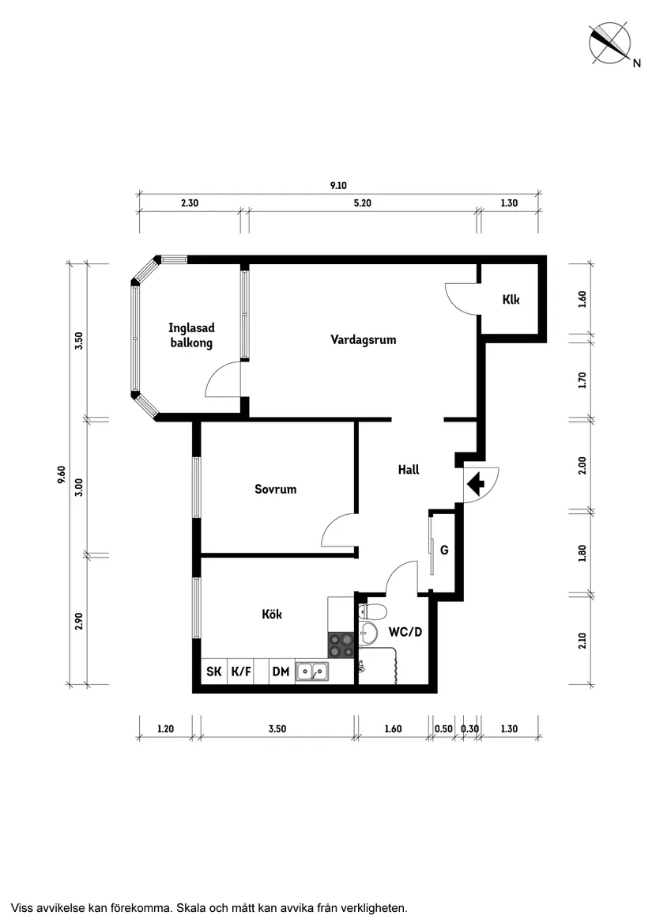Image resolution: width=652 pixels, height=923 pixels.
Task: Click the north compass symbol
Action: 610,44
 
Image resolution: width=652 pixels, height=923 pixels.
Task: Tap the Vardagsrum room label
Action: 363,340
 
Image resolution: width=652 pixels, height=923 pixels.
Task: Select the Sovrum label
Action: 275,490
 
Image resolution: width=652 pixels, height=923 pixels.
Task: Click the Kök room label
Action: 272,614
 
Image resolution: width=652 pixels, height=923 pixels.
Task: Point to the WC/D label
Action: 405,633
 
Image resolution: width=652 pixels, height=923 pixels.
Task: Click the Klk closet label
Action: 511,300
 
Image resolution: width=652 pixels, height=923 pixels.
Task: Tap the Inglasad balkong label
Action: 190,335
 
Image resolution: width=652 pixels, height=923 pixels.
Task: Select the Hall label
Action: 408,470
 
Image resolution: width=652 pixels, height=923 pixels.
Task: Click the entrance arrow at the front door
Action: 476,483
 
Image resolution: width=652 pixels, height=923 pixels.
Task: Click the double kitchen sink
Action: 312,672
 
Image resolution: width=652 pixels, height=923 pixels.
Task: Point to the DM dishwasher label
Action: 281,672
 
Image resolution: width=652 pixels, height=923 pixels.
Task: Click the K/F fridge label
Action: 241,672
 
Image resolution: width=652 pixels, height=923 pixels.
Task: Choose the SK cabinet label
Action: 214,672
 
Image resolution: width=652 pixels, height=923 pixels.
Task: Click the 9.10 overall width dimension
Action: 338,186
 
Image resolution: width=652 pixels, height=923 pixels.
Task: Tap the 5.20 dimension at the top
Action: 362,203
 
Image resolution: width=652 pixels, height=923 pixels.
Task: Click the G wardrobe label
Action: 444,550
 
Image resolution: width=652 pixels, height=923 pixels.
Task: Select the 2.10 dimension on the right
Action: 583,639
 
